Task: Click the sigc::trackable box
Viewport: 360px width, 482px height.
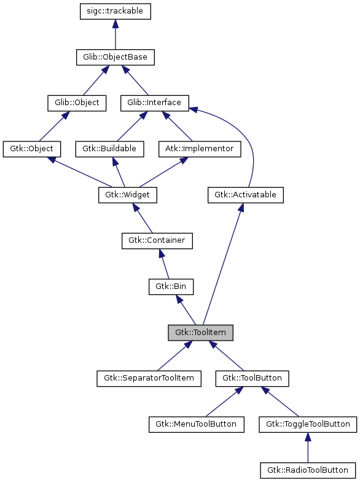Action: pyautogui.click(x=115, y=12)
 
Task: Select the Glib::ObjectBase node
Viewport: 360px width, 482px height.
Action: pyautogui.click(x=115, y=58)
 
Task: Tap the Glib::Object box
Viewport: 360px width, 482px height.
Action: pyautogui.click(x=77, y=103)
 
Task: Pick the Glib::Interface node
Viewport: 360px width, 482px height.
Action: pyautogui.click(x=154, y=103)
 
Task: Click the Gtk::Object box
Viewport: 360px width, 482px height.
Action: pyautogui.click(x=32, y=149)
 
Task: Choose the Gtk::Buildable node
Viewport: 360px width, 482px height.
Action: pyautogui.click(x=109, y=149)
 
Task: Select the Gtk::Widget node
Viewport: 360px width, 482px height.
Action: pyautogui.click(x=128, y=195)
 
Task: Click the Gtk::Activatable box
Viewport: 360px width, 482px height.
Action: pyautogui.click(x=245, y=195)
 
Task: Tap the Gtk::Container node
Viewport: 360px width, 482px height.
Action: pyautogui.click(x=157, y=240)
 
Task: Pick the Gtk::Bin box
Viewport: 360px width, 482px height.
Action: pyautogui.click(x=171, y=286)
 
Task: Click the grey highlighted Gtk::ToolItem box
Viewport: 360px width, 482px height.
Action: pyautogui.click(x=201, y=333)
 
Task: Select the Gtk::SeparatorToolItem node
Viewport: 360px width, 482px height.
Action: pyautogui.click(x=149, y=378)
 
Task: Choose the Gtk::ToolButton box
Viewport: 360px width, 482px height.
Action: pyautogui.click(x=252, y=378)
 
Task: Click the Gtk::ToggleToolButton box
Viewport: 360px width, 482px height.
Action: pyautogui.click(x=308, y=424)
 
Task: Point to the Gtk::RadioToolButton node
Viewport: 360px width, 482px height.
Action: pyautogui.click(x=308, y=470)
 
